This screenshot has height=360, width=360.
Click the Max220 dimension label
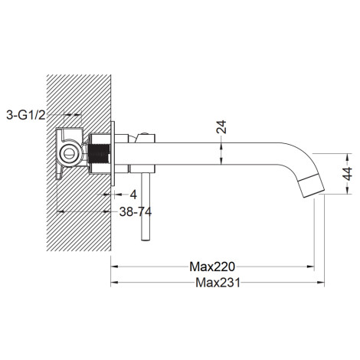click(x=212, y=267)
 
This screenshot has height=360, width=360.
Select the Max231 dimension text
click(x=218, y=283)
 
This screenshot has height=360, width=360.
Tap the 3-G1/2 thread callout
click(x=26, y=116)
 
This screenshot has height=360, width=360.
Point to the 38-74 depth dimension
click(x=136, y=211)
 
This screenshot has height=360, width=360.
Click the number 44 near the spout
click(x=349, y=174)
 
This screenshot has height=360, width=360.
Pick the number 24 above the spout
click(x=221, y=127)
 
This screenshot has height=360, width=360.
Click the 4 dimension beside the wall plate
click(x=133, y=195)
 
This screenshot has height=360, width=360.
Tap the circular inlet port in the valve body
click(x=68, y=154)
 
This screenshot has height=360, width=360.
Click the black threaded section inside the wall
click(x=99, y=154)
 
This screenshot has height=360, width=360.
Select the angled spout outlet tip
click(x=311, y=186)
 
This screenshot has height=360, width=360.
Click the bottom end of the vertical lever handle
click(x=145, y=241)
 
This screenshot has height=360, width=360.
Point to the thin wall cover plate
click(x=113, y=153)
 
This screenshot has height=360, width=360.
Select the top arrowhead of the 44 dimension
click(x=347, y=157)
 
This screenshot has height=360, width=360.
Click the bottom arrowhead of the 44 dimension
click(x=347, y=190)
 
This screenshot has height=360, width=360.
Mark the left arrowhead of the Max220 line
click(x=114, y=267)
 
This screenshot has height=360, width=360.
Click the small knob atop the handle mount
click(x=143, y=133)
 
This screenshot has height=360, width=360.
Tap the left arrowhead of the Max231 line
click(x=114, y=283)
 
